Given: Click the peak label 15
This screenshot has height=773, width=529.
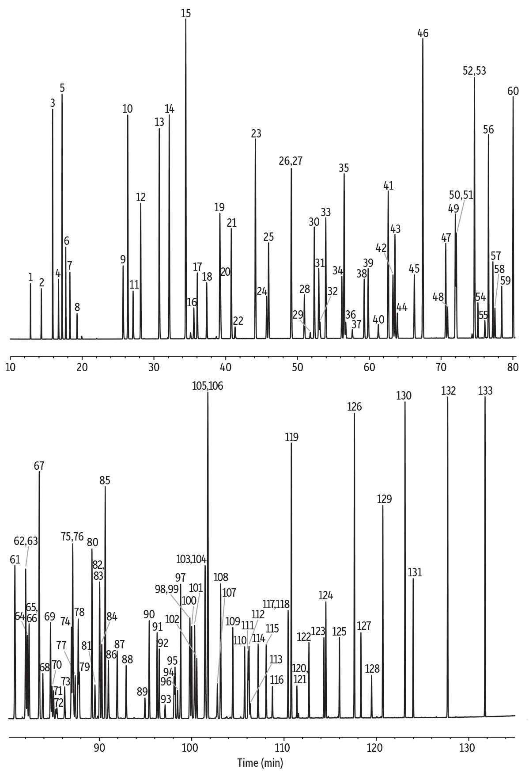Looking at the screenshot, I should click(186, 13).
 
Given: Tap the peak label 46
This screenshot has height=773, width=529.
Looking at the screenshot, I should click(423, 33).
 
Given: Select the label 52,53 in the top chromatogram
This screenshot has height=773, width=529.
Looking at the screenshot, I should click(474, 71).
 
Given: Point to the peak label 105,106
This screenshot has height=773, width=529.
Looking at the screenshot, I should click(208, 386).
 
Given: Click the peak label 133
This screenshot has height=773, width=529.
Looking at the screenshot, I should click(485, 391).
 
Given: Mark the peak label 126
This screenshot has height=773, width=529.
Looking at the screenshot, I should click(354, 407).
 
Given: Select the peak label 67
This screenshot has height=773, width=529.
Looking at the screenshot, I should click(39, 466).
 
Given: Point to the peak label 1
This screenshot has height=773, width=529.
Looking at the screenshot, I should click(30, 277).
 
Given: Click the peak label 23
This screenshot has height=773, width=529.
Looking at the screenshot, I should click(256, 133).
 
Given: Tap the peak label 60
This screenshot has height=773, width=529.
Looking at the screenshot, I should click(513, 91).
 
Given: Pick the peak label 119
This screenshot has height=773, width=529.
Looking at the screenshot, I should click(291, 438).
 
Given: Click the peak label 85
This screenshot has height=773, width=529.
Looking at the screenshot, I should click(105, 481).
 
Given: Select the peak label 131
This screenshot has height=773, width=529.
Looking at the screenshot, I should click(415, 572).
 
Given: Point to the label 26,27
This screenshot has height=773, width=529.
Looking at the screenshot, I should click(291, 161).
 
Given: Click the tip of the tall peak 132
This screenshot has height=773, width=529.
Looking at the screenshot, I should click(448, 397).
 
